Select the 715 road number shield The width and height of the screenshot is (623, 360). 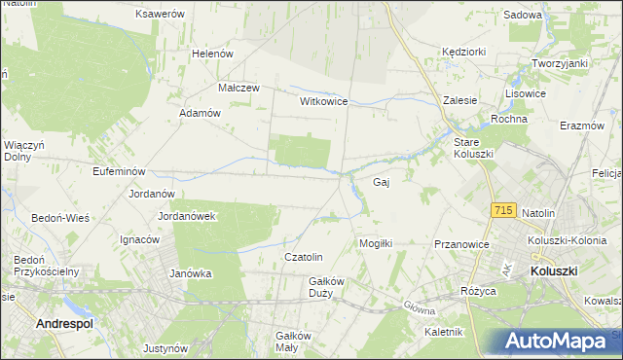click(503, 210)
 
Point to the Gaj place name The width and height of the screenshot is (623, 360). click(382, 182)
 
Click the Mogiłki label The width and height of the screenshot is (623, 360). click(376, 243)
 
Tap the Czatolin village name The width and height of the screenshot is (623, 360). click(303, 257)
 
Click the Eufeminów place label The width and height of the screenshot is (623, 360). click(92, 171)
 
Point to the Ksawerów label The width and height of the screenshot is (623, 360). click(161, 15)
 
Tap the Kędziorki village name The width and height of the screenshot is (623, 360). click(463, 51)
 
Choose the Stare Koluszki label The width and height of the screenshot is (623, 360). click(474, 148)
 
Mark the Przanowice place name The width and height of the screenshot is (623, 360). click(460, 245)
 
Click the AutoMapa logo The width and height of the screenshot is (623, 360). click(556, 342)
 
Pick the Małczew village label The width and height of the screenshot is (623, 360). click(238, 87)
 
